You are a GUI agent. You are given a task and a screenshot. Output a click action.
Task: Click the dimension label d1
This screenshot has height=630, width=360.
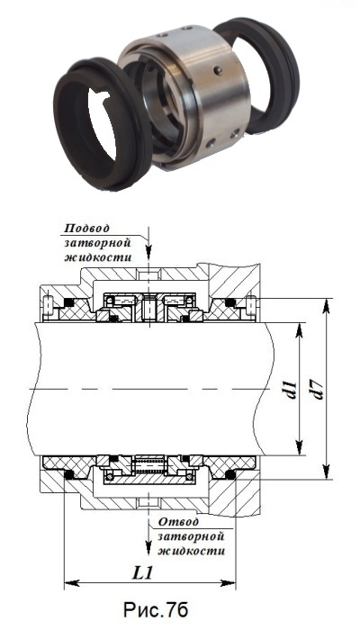click(292, 389)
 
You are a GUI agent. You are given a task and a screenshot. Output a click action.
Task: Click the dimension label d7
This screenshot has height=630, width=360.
click(318, 390)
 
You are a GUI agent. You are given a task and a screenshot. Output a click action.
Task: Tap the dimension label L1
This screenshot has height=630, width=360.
click(143, 573)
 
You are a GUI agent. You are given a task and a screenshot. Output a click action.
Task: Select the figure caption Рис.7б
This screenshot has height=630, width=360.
click(156, 609)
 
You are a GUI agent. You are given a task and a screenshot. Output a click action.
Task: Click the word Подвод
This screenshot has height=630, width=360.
click(86, 229)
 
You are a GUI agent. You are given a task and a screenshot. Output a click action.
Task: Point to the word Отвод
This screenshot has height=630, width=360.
click(178, 522)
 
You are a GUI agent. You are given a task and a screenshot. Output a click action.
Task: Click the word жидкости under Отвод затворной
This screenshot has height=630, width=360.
click(191, 550)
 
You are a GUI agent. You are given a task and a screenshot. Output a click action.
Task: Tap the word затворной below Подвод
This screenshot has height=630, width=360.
click(98, 243)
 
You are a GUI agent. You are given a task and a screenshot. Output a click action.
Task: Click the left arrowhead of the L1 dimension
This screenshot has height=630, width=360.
click(71, 582)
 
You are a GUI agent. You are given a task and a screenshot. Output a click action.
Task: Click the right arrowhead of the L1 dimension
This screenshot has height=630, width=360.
click(228, 582)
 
